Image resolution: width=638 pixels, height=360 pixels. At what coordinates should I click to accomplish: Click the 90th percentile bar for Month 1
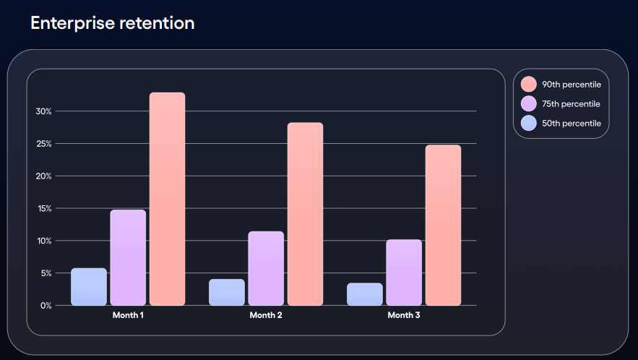click(167, 199)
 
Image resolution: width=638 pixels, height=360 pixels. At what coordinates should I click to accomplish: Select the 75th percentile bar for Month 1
click(128, 257)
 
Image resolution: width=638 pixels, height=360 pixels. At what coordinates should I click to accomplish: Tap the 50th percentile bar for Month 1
click(89, 286)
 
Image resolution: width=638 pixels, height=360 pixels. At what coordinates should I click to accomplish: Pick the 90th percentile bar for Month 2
click(305, 214)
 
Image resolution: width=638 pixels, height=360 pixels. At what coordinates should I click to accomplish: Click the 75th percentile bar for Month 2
click(266, 268)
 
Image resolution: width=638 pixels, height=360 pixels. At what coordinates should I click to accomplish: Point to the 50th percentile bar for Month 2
click(227, 292)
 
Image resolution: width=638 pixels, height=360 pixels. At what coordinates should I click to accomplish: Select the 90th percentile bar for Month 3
click(443, 225)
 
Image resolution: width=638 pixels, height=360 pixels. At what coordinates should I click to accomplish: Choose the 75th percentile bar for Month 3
click(404, 272)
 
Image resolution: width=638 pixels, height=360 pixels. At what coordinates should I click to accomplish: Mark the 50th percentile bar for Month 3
click(365, 293)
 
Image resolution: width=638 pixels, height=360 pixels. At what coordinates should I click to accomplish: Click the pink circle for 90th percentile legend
click(528, 85)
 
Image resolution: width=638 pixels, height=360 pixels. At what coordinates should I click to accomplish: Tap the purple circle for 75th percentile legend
click(528, 104)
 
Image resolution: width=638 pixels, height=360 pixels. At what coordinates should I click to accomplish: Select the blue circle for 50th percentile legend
click(528, 124)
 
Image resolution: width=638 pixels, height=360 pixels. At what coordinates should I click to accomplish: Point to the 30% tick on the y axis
click(43, 111)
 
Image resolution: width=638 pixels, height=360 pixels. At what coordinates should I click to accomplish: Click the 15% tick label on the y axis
click(43, 209)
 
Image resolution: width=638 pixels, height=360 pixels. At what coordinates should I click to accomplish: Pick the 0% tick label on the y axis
click(46, 306)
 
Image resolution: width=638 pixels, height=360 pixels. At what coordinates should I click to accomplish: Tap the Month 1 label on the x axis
click(128, 315)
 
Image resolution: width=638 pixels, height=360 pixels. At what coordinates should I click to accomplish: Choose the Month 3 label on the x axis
click(404, 315)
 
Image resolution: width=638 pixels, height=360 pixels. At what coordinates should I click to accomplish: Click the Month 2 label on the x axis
click(266, 315)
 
